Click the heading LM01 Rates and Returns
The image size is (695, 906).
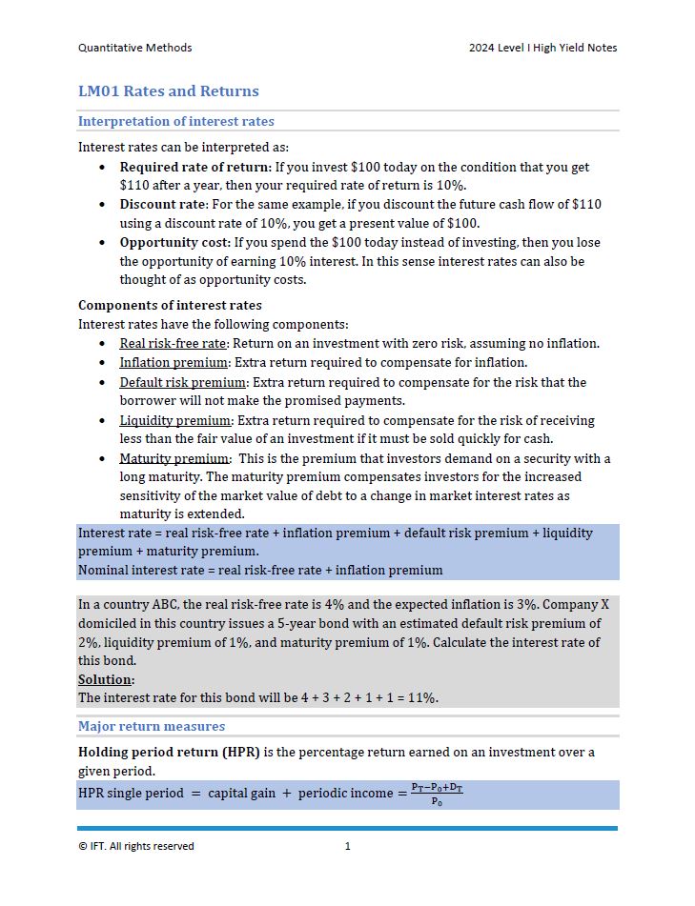[168, 91]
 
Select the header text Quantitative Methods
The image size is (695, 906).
[134, 48]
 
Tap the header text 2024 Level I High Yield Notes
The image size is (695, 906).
[542, 48]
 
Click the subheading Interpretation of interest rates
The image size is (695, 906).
[175, 121]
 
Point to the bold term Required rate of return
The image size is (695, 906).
[194, 167]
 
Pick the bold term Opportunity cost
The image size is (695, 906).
[174, 242]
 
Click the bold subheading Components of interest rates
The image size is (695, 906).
[170, 306]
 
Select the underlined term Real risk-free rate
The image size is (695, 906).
[173, 344]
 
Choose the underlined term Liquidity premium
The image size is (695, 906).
[175, 420]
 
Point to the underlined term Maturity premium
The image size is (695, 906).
[174, 458]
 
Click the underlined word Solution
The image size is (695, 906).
[105, 679]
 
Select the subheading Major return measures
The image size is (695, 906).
[152, 726]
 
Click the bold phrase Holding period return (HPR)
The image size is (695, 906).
[169, 752]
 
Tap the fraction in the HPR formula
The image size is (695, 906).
[437, 795]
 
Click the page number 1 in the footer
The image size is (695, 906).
[348, 846]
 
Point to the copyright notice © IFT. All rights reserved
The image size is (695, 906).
[135, 846]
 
